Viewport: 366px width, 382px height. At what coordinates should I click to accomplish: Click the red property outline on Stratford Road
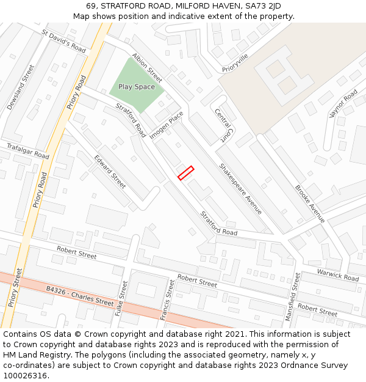point(185,173)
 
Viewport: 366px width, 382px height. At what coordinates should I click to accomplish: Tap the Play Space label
point(137,87)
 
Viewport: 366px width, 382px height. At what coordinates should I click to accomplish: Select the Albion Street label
point(148,67)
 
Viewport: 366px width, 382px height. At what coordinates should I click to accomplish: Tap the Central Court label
point(224,125)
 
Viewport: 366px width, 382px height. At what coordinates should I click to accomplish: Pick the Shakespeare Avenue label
point(241,188)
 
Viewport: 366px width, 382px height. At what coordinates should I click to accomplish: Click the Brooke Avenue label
point(310,204)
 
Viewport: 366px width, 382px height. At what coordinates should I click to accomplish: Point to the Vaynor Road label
point(343,103)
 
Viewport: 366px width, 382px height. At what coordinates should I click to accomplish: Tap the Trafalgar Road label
point(27,151)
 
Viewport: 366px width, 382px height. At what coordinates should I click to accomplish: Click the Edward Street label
point(110,171)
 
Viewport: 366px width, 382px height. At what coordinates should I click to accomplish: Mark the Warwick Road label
point(337,274)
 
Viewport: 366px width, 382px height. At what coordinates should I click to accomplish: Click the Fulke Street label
point(120,298)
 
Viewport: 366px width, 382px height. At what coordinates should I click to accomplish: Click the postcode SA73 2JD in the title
point(263,6)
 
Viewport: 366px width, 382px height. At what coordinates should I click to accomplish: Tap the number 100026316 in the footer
point(24,375)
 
